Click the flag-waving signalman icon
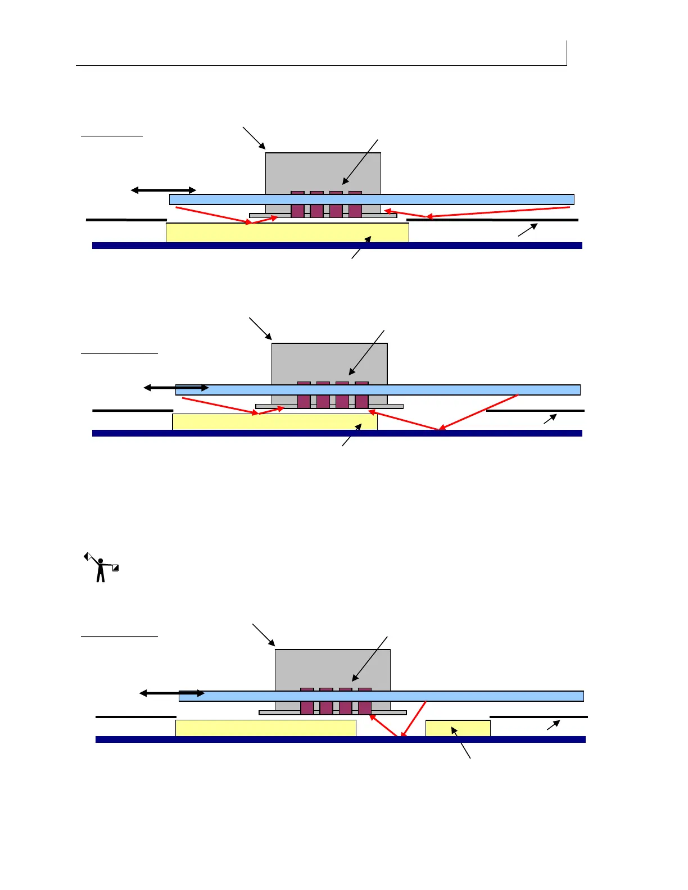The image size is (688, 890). tap(101, 567)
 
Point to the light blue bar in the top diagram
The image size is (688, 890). tap(450, 199)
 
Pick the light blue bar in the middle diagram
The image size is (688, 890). tap(461, 390)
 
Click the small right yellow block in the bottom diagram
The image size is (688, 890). tap(458, 728)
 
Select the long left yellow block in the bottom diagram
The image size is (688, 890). tap(265, 728)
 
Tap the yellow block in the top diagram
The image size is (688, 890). tap(287, 233)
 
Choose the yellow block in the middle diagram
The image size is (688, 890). tap(274, 422)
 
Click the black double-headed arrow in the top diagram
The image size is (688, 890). tap(163, 190)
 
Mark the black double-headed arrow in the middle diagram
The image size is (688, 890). tap(176, 388)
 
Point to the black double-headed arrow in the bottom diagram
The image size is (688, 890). tap(172, 693)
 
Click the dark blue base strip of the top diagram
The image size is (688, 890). tap(337, 246)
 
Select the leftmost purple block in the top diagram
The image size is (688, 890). tap(297, 205)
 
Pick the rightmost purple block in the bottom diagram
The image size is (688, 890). tap(365, 702)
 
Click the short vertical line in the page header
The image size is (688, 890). tap(567, 53)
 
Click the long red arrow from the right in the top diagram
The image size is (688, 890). tap(500, 212)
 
